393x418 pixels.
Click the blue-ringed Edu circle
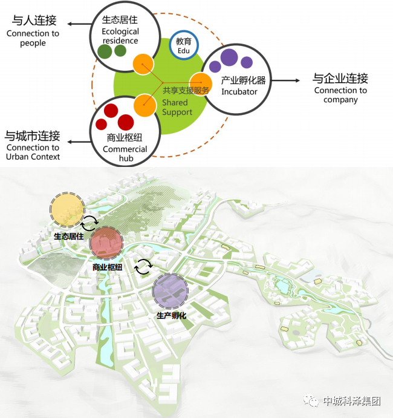click(x=184, y=45)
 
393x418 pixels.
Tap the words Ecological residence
click(x=120, y=36)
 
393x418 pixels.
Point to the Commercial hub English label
click(x=125, y=154)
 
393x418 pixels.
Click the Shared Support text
click(x=177, y=107)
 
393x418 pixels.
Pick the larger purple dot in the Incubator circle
click(x=229, y=57)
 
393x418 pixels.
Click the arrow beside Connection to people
click(x=76, y=24)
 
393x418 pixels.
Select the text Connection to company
click(x=340, y=95)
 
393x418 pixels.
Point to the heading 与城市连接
click(x=33, y=136)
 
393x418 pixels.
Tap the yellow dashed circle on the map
click(x=67, y=209)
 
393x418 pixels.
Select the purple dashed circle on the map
click(x=171, y=292)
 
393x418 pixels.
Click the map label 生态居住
click(x=68, y=237)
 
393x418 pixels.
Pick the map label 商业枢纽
click(x=108, y=266)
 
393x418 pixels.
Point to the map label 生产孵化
click(x=171, y=316)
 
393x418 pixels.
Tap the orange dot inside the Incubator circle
click(x=201, y=82)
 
